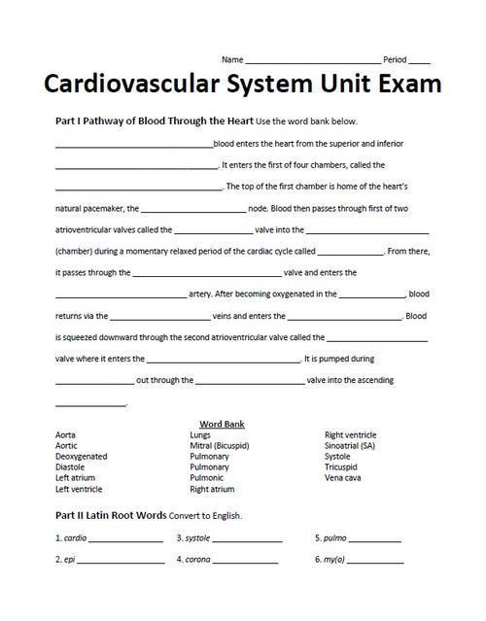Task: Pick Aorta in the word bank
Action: coord(66,435)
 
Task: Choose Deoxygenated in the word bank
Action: coord(82,456)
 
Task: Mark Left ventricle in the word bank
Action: coord(79,489)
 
